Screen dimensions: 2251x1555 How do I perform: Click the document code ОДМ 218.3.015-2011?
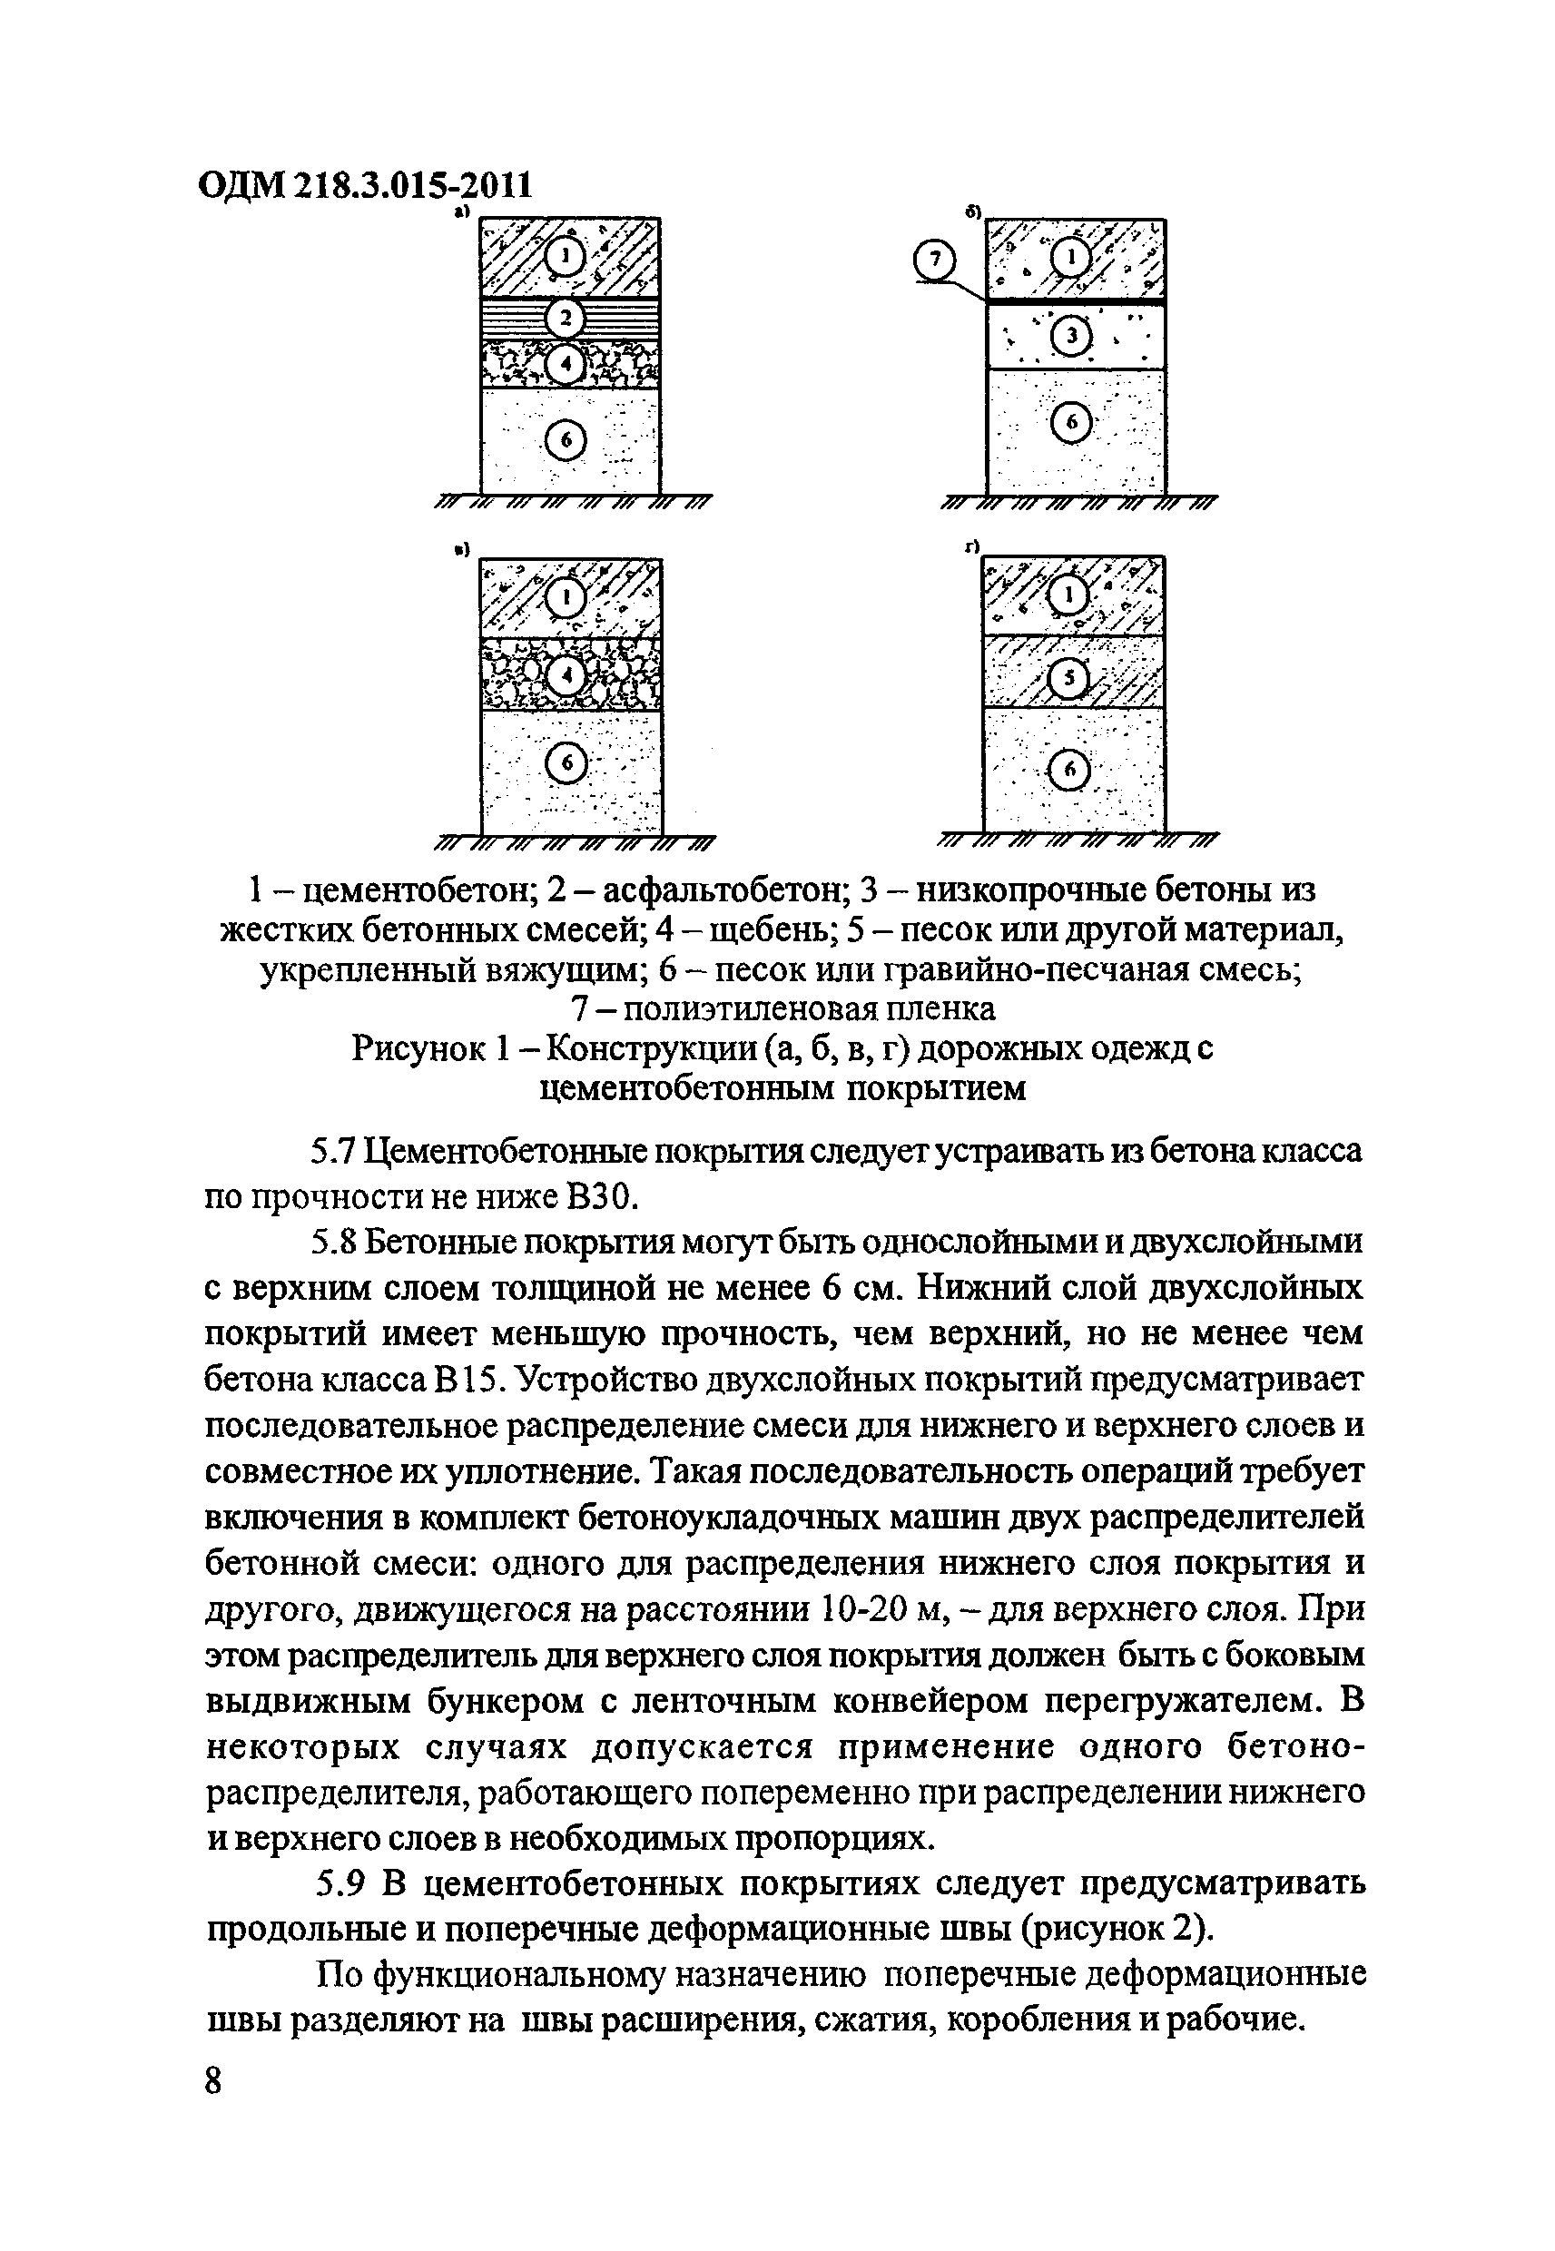365,184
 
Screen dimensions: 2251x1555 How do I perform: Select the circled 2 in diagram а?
566,318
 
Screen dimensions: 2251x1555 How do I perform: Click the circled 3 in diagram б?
1071,337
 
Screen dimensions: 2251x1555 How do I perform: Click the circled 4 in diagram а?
566,364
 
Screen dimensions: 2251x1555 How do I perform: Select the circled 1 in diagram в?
566,597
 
